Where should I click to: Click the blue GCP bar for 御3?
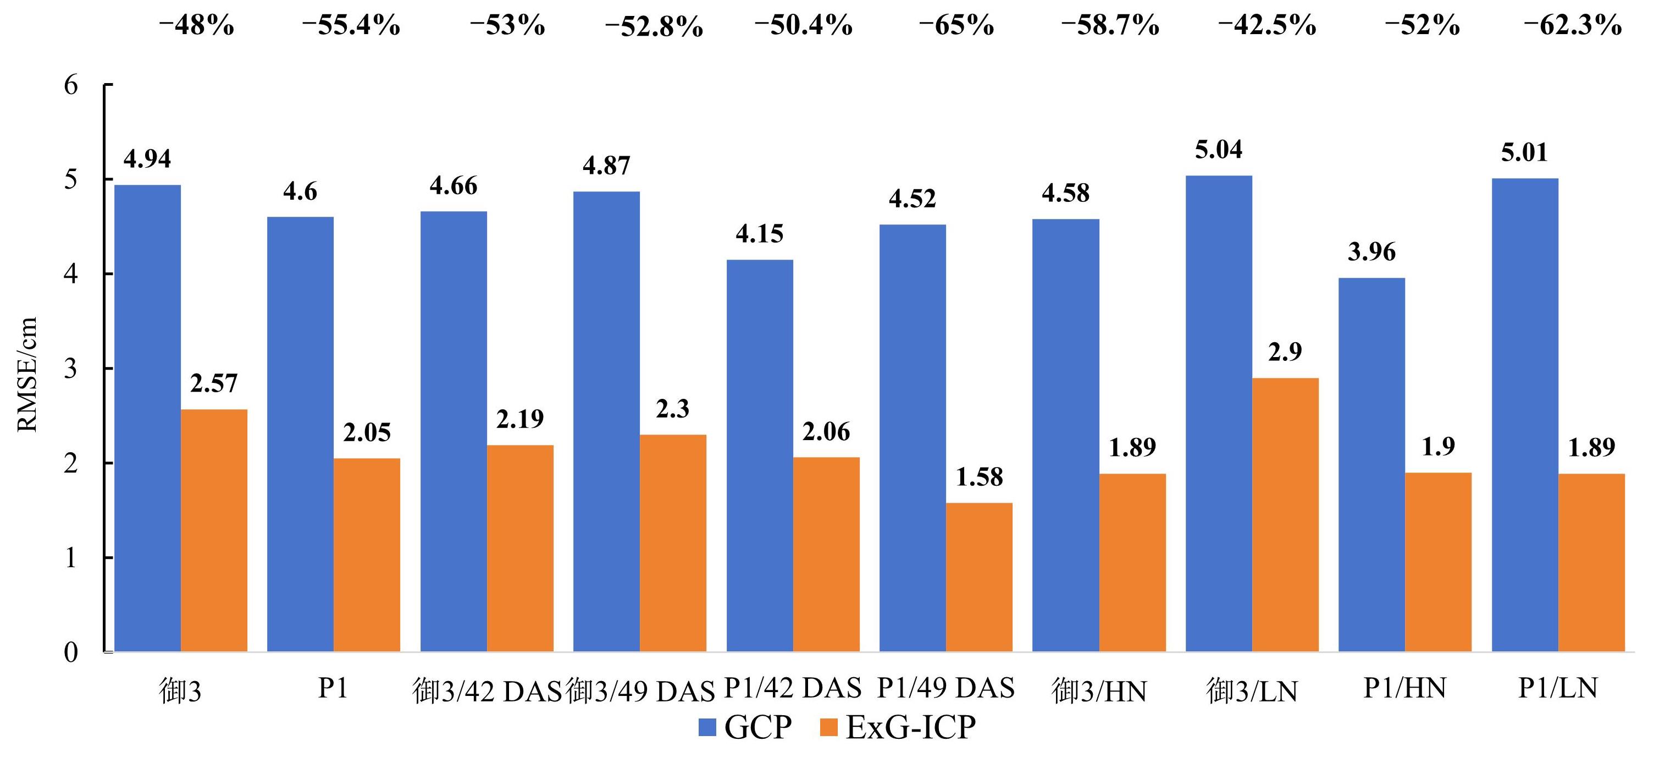point(147,419)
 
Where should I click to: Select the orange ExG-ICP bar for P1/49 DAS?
point(979,577)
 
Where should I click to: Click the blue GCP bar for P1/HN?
point(1372,465)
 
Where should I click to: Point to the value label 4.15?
point(759,233)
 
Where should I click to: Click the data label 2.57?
point(214,383)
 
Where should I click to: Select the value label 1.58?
point(979,478)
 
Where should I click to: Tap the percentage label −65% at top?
point(956,26)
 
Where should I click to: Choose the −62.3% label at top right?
point(1572,26)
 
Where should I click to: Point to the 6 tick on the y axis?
point(71,85)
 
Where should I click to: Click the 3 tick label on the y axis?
point(71,369)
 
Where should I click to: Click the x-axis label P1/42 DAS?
point(793,688)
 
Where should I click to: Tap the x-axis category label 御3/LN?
point(1252,692)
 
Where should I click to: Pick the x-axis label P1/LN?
point(1558,688)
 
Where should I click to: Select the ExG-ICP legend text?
point(910,727)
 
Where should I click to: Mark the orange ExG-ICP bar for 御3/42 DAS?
point(520,548)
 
